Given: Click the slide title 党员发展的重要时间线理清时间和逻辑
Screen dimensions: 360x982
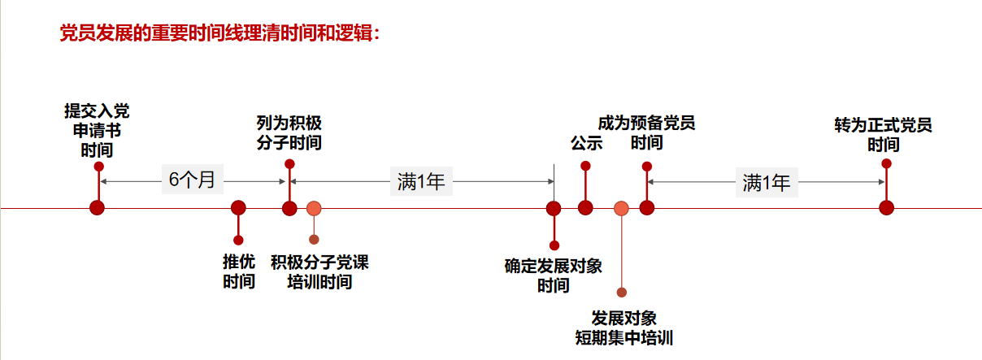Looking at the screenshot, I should click(220, 34).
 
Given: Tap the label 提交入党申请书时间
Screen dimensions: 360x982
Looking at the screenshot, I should click(97, 130).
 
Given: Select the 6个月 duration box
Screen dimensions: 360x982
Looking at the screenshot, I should click(192, 180).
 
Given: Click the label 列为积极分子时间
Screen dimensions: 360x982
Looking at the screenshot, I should click(289, 133).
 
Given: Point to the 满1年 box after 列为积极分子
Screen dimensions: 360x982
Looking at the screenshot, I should click(421, 181).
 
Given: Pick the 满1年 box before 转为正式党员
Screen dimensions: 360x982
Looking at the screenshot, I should click(766, 182).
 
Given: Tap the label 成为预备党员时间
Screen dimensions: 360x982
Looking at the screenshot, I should click(646, 133).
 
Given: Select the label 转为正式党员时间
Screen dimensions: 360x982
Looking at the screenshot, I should click(883, 135).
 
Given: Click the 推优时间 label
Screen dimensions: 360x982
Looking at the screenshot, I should click(239, 271).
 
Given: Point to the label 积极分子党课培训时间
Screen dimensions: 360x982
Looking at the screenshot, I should click(319, 271).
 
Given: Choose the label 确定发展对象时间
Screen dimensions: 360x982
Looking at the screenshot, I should click(553, 275).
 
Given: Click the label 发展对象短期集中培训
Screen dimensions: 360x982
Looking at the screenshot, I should click(623, 327).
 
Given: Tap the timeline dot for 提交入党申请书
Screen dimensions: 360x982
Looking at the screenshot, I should click(98, 208).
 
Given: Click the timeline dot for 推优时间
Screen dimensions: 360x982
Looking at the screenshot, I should click(238, 208).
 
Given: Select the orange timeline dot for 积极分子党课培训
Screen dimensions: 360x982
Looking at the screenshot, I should click(314, 208).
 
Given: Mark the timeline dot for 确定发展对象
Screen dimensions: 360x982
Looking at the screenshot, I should click(554, 208).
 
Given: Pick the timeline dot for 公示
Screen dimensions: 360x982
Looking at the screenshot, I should click(585, 208).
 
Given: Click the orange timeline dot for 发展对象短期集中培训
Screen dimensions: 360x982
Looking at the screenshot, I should click(621, 208).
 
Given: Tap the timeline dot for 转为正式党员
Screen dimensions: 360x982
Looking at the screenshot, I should click(886, 208).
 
